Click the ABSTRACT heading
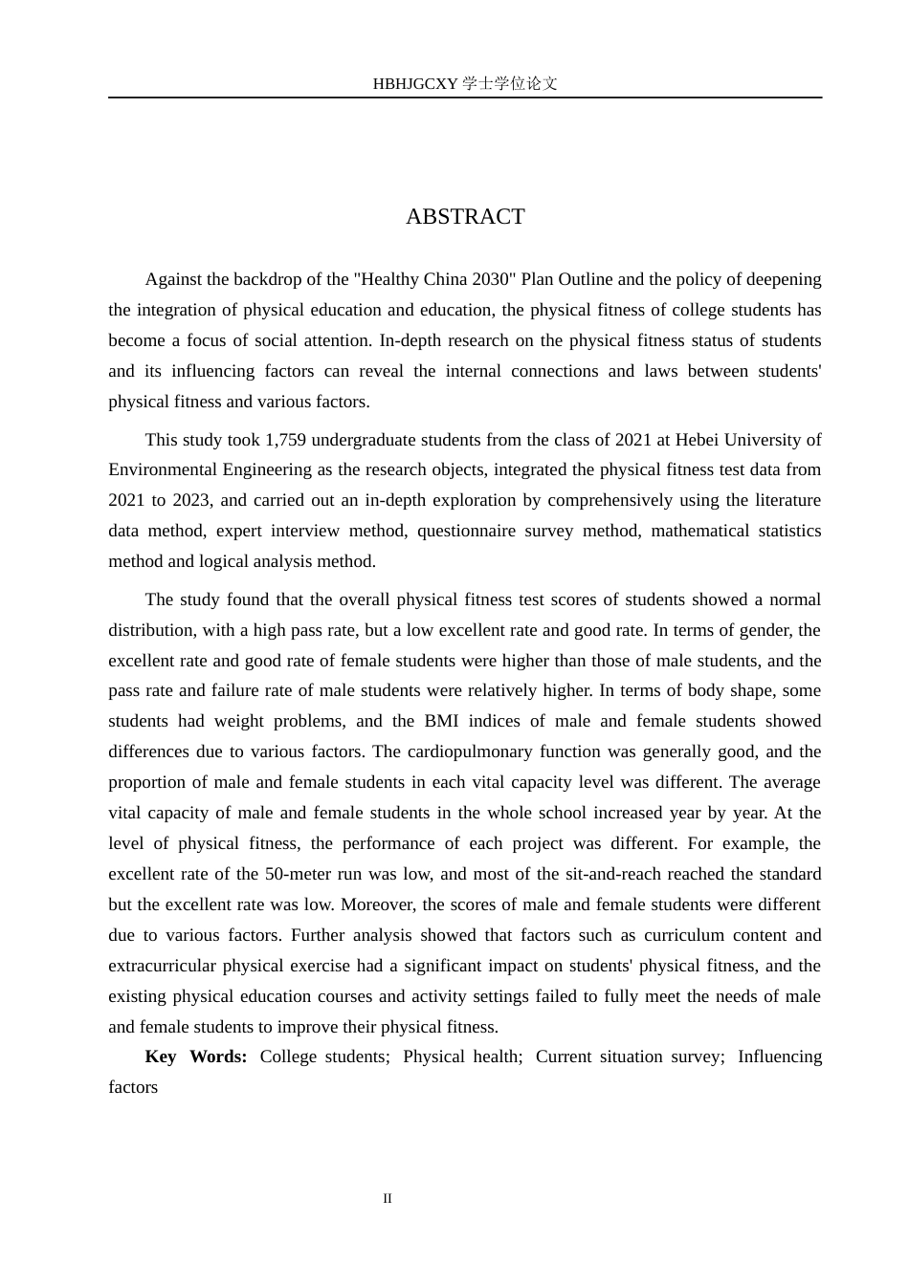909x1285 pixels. pos(465,217)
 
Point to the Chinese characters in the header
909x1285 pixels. pos(510,84)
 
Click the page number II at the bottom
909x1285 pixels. pos(388,1199)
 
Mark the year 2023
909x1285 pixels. pos(190,500)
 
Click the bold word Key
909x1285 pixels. pos(161,1056)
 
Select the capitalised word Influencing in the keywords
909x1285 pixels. pos(780,1056)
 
